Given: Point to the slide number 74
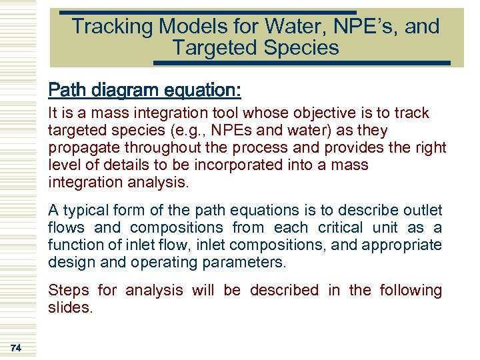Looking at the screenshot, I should (x=15, y=347).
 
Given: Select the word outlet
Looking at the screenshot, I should (x=423, y=211).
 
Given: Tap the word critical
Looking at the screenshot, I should (x=341, y=228).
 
